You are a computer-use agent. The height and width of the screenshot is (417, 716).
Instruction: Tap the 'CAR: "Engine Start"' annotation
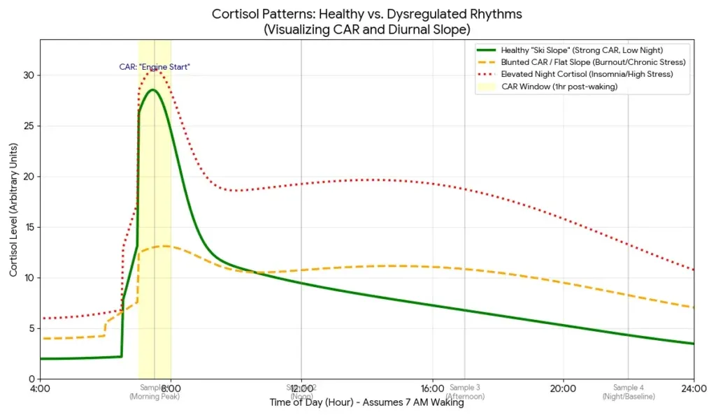click(155, 67)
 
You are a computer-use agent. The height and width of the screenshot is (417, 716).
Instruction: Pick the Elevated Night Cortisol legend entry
click(587, 73)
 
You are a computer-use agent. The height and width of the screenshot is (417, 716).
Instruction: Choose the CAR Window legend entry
click(559, 86)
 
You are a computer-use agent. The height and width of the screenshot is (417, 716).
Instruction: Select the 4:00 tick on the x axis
click(40, 389)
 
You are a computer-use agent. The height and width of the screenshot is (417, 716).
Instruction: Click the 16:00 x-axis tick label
click(432, 389)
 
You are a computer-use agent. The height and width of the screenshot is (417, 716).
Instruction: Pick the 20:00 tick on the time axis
click(563, 389)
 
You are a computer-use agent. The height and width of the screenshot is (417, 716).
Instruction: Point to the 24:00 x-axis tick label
click(693, 389)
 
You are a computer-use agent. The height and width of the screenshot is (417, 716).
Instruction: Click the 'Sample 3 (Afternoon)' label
click(464, 392)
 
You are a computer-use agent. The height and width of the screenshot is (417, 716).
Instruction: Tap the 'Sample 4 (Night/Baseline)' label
click(628, 392)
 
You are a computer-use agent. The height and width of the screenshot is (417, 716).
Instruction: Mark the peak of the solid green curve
click(152, 89)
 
